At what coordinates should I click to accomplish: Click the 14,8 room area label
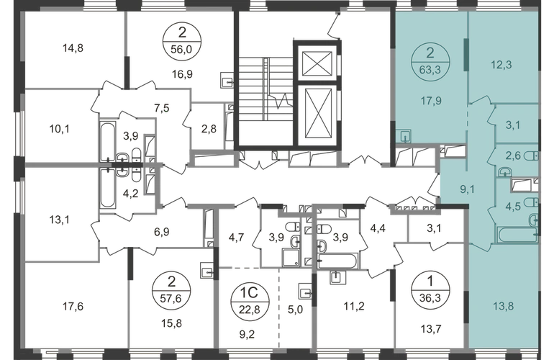(73, 48)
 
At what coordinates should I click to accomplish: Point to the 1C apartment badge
(250, 301)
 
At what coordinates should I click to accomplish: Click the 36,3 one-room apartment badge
(430, 290)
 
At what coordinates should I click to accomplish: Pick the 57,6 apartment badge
(171, 291)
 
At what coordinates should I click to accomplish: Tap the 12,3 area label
(501, 65)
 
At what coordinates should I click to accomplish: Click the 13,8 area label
(504, 306)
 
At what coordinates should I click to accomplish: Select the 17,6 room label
(73, 306)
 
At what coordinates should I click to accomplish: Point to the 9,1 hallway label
(467, 190)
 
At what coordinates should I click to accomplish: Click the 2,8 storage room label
(209, 129)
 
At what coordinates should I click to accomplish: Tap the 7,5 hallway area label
(162, 108)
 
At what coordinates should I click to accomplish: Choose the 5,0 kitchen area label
(295, 310)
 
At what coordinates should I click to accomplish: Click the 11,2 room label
(354, 306)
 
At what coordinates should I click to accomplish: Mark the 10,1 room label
(59, 129)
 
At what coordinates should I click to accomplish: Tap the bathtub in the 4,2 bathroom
(107, 189)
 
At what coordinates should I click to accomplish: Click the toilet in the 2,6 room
(532, 156)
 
